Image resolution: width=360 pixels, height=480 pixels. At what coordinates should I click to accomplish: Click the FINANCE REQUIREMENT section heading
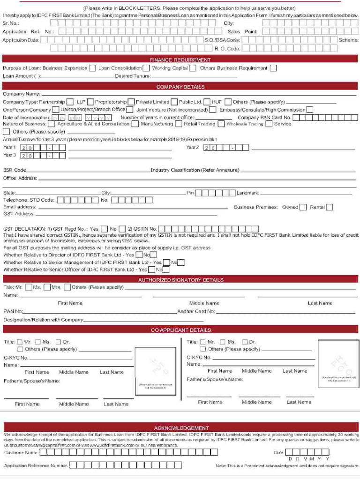click(x=180, y=60)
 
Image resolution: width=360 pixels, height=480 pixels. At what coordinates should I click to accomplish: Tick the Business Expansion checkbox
click(x=92, y=68)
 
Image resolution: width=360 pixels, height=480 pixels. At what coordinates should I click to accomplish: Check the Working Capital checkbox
click(x=193, y=68)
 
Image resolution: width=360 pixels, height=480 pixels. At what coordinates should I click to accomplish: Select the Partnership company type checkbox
click(x=70, y=102)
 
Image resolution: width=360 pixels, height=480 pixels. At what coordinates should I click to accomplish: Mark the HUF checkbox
click(x=228, y=102)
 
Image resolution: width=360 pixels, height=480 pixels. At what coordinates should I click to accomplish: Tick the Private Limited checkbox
click(x=174, y=102)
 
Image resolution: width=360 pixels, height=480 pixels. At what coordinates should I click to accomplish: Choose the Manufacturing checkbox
click(x=178, y=124)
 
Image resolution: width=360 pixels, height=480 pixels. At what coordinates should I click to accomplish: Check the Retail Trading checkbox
click(x=220, y=124)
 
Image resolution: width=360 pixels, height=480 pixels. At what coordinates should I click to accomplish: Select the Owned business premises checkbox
click(x=303, y=207)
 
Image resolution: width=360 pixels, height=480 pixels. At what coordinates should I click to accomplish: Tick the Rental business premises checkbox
click(x=330, y=207)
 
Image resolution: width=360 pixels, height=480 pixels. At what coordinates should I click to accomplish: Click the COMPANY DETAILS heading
click(x=180, y=87)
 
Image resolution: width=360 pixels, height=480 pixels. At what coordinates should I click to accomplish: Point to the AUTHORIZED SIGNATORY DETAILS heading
click(x=180, y=280)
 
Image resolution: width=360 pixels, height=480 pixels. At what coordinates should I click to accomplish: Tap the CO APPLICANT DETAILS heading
click(x=180, y=330)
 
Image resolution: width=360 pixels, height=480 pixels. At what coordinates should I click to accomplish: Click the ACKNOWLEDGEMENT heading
click(x=181, y=428)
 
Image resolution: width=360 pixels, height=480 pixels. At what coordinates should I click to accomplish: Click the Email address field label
click(x=20, y=207)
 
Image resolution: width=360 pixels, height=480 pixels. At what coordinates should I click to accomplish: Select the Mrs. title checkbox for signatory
click(x=67, y=287)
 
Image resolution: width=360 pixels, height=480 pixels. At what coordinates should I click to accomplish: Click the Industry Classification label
click(x=195, y=170)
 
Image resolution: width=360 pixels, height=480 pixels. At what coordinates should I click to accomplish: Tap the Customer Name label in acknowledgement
click(x=21, y=453)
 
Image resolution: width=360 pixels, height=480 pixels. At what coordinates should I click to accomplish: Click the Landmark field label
click(x=247, y=193)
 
